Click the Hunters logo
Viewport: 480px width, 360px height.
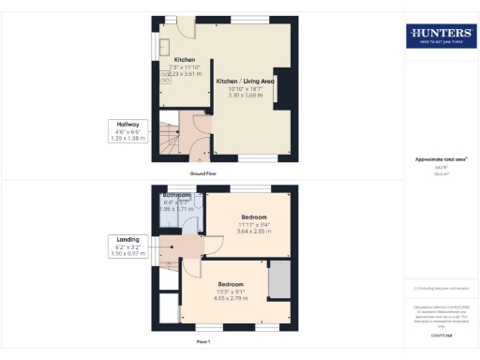pos(439,37)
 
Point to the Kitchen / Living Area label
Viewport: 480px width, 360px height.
pos(245,82)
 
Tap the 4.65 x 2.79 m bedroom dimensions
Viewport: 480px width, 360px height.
pos(231,298)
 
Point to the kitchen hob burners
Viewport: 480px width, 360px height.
pos(166,78)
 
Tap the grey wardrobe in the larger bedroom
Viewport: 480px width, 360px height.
pos(278,280)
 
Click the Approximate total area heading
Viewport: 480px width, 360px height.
pos(440,159)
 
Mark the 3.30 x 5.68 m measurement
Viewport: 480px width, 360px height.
pos(245,96)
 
